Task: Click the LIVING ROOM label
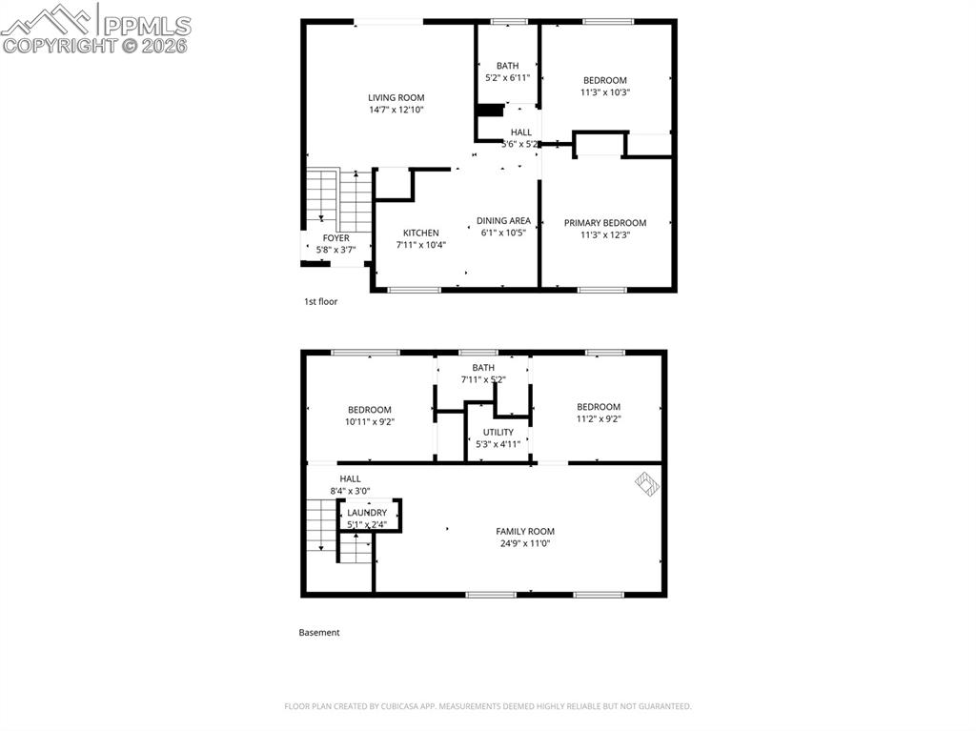pos(396,97)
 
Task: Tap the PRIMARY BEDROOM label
pos(604,223)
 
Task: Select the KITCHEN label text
pos(420,233)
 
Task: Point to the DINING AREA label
pos(503,221)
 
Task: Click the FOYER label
pos(335,238)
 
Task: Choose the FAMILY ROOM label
pos(524,531)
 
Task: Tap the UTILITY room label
pos(498,432)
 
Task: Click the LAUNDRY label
pos(367,513)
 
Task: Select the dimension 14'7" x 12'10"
pos(396,110)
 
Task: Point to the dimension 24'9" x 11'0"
pos(524,543)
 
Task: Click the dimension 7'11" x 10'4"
pos(420,245)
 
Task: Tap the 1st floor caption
pos(320,301)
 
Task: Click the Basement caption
pos(318,632)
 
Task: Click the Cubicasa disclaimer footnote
pos(487,706)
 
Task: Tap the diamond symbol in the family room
pos(648,485)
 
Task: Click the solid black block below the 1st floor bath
pos(490,111)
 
